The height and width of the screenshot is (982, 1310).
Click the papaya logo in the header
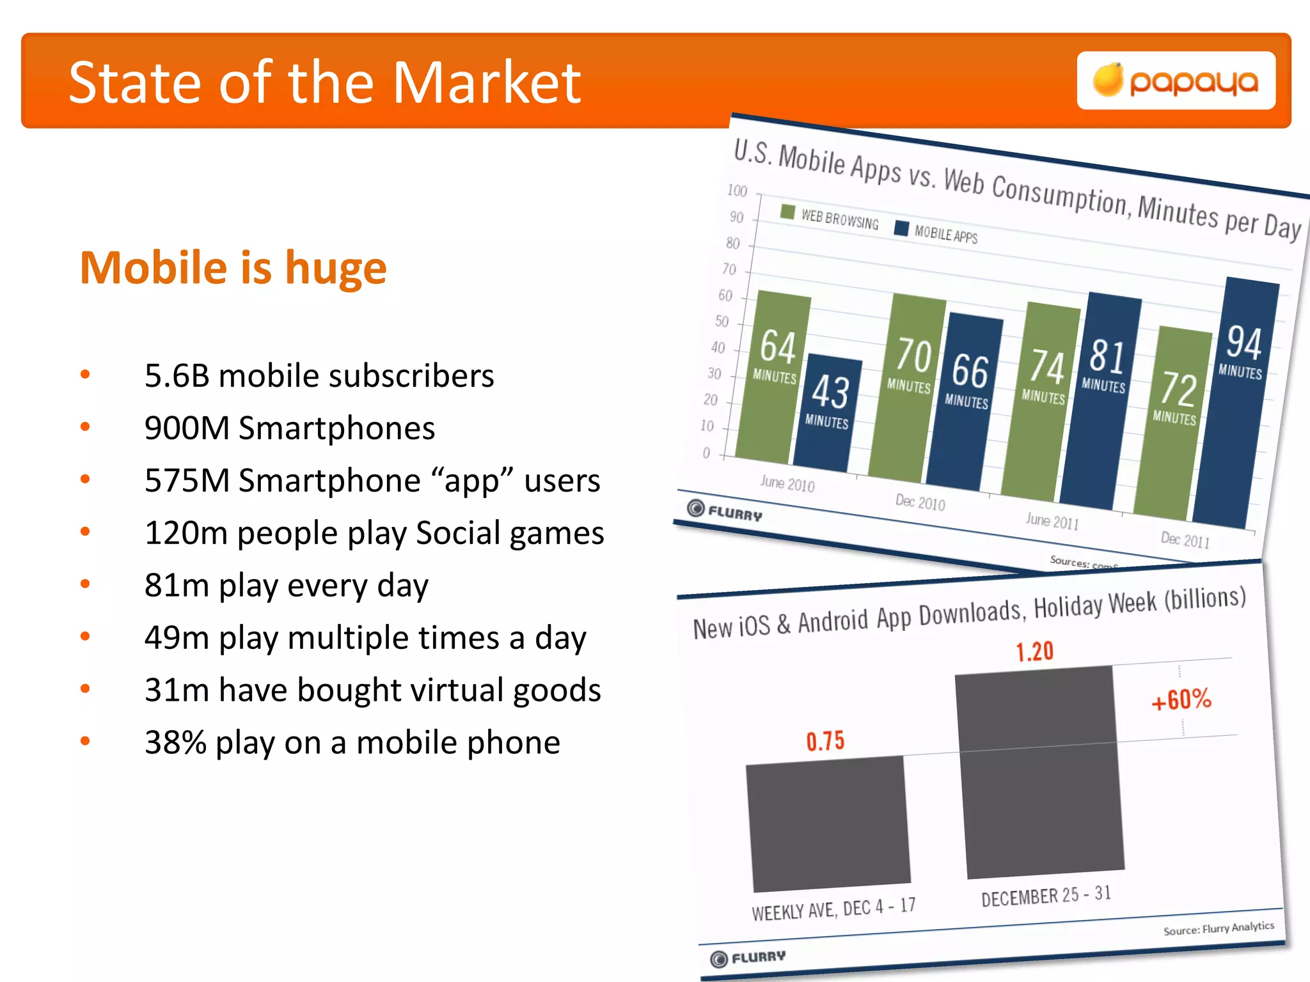pyautogui.click(x=1176, y=81)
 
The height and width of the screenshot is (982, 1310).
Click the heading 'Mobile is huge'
pyautogui.click(x=233, y=267)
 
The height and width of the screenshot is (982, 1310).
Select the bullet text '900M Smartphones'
pyautogui.click(x=289, y=428)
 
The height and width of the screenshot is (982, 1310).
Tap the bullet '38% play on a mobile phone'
pyautogui.click(x=352, y=742)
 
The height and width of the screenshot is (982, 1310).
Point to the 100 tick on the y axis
pyautogui.click(x=737, y=191)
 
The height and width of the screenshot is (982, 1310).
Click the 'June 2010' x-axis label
pyautogui.click(x=787, y=484)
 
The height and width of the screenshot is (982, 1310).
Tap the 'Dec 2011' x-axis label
pyautogui.click(x=1185, y=540)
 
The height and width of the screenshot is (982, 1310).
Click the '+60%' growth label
pyautogui.click(x=1181, y=699)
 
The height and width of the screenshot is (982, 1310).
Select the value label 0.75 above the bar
pyautogui.click(x=825, y=741)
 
